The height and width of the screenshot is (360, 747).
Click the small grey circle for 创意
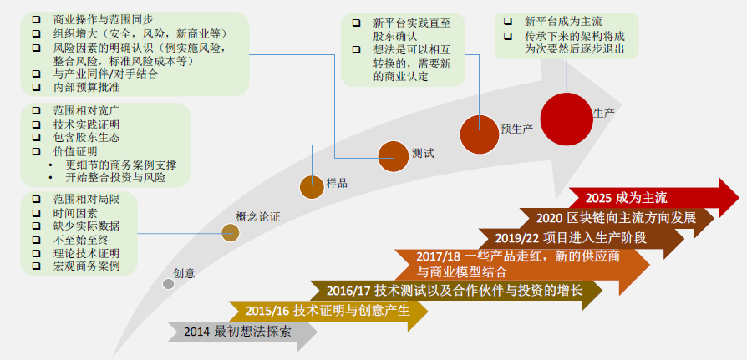[169, 283]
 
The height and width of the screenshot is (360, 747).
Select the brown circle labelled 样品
[312, 187]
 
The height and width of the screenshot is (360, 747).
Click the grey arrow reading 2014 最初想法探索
[242, 332]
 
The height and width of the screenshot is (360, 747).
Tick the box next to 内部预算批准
[36, 87]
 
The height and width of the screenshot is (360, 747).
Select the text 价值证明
[75, 151]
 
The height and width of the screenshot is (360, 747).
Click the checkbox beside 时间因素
[36, 213]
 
